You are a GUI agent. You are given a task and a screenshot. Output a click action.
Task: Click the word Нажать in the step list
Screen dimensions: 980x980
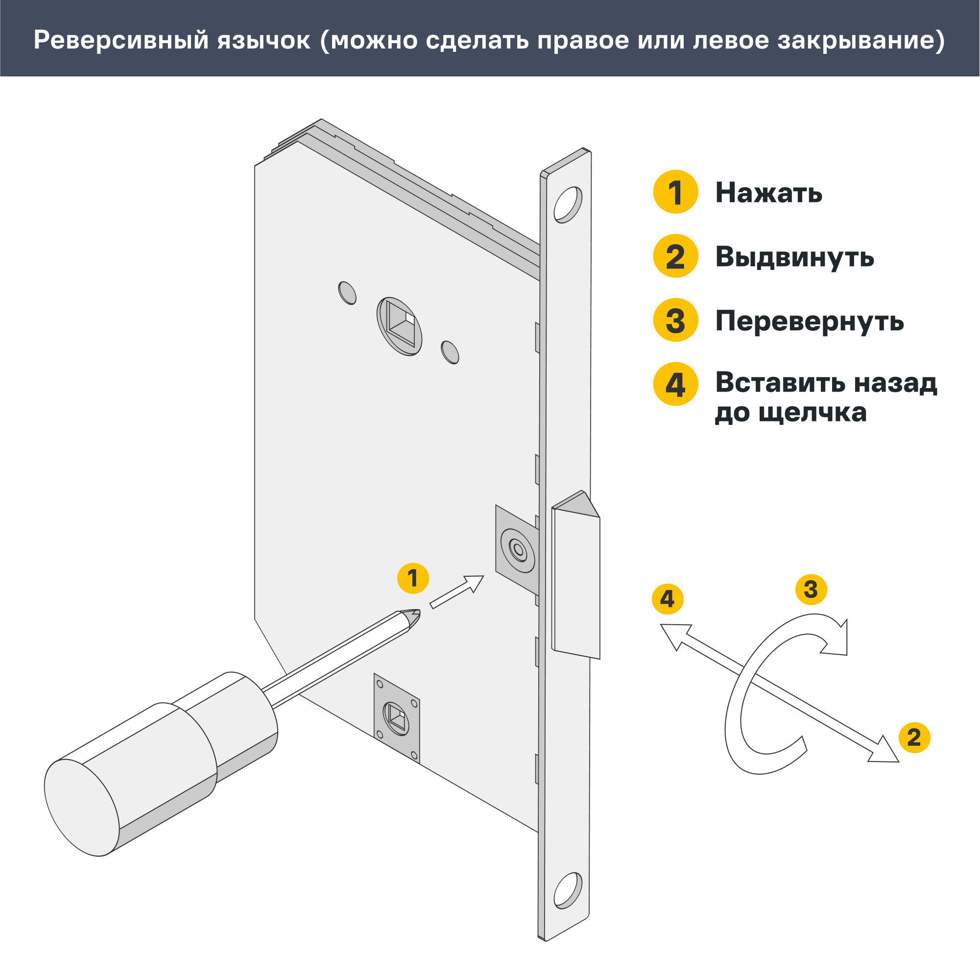(768, 193)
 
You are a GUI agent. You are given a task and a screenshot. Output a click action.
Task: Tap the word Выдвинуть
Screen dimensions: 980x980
(794, 257)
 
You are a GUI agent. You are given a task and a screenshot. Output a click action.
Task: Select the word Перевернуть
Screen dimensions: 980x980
(809, 321)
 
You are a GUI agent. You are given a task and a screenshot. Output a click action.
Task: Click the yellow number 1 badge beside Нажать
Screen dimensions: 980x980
(675, 192)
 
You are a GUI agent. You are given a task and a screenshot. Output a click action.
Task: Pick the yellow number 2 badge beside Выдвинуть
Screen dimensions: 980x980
(675, 256)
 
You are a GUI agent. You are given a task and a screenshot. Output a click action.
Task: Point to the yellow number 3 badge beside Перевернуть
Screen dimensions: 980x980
(675, 320)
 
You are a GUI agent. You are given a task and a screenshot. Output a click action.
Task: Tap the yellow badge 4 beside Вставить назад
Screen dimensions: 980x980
(675, 384)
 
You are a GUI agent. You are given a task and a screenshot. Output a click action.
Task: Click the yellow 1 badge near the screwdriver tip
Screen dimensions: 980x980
(413, 578)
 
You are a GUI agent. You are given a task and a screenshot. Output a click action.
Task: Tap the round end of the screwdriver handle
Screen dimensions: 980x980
(81, 807)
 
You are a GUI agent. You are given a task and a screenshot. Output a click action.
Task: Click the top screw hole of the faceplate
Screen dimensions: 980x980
(568, 205)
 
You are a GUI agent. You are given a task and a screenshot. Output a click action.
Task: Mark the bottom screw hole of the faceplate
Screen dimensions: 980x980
(568, 890)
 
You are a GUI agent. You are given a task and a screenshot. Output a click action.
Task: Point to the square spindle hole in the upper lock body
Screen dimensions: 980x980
(401, 325)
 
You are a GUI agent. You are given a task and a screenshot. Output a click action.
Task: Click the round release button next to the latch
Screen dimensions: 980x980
(518, 550)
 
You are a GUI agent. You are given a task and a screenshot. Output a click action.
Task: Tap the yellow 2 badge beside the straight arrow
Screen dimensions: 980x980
(914, 737)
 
